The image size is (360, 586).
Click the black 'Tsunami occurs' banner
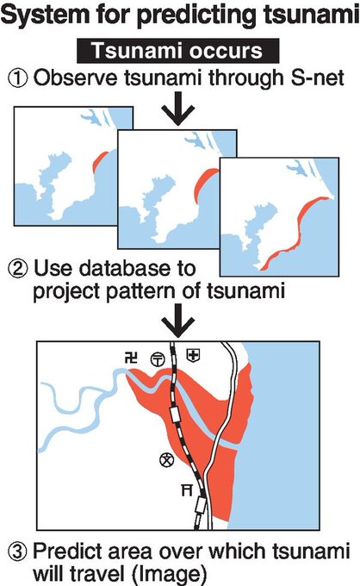(177, 51)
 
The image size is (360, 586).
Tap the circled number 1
(17, 79)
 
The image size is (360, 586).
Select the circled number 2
(17, 269)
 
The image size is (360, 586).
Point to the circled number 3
(17, 553)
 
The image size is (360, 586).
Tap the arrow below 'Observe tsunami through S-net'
(178, 109)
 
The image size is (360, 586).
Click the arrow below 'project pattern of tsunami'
(178, 321)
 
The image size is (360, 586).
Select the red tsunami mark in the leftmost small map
(98, 160)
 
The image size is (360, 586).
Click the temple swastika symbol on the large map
(131, 358)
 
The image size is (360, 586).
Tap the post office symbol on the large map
(158, 359)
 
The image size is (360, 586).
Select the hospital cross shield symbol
(193, 355)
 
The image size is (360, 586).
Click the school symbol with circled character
(167, 459)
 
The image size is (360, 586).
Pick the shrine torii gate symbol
(187, 489)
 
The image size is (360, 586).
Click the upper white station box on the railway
(175, 415)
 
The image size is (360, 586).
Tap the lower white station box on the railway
(201, 506)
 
